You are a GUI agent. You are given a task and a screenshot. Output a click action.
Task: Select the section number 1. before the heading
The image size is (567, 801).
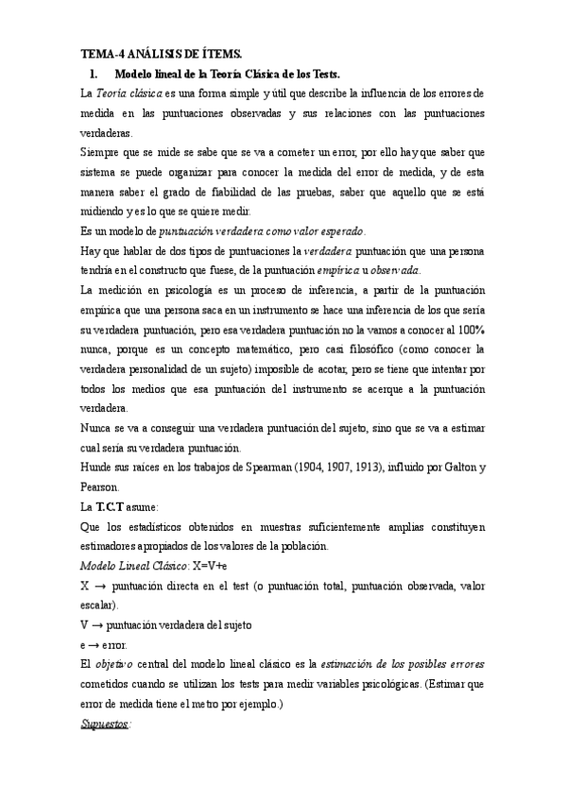94,74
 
